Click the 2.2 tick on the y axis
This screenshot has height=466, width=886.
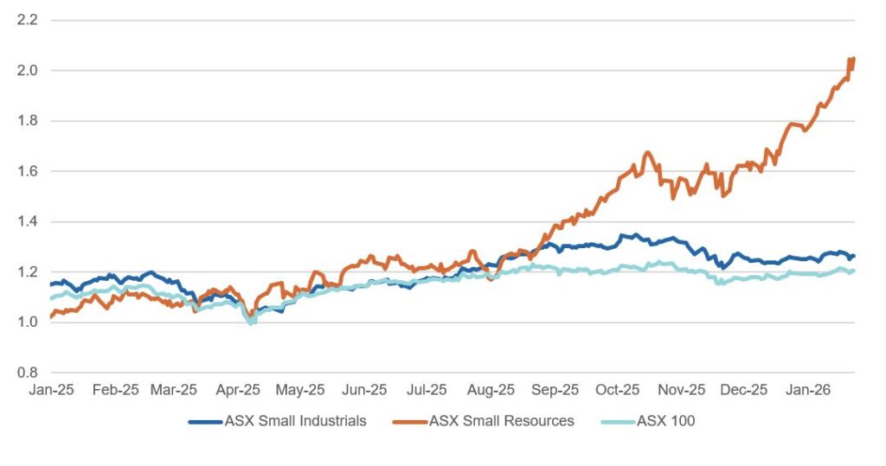click(x=29, y=19)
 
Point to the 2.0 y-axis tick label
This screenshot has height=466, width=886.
click(x=29, y=70)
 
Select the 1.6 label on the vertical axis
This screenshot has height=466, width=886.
click(x=29, y=171)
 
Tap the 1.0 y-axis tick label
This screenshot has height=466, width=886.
click(x=29, y=322)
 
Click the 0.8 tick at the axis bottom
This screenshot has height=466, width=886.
click(x=29, y=373)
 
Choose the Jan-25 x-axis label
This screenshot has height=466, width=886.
click(x=50, y=390)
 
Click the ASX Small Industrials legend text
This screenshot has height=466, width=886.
click(x=295, y=421)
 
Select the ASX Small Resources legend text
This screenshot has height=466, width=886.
click(x=503, y=421)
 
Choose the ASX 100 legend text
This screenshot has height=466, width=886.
click(x=666, y=421)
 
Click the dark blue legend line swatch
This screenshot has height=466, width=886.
click(x=205, y=421)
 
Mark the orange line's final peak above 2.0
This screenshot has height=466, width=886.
click(x=853, y=58)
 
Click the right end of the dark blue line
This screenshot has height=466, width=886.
click(x=854, y=256)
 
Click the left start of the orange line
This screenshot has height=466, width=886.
click(x=51, y=316)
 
